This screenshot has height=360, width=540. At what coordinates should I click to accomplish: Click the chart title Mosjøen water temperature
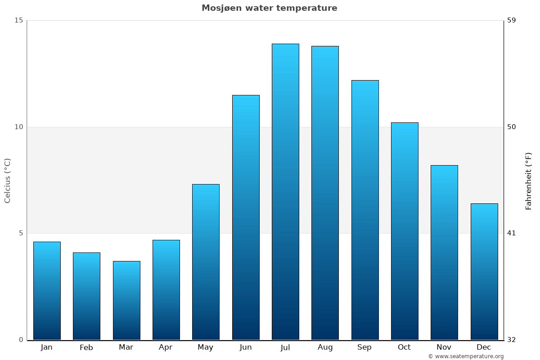click(x=269, y=8)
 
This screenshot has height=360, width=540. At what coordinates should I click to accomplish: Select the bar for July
click(x=285, y=192)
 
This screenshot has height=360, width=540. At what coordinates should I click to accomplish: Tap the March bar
click(x=126, y=300)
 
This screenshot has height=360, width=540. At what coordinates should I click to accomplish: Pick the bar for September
click(x=365, y=210)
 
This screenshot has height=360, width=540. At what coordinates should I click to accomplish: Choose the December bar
click(x=484, y=271)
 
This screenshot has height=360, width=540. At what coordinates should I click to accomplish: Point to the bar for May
click(x=206, y=262)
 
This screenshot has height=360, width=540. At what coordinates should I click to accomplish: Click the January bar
click(x=47, y=291)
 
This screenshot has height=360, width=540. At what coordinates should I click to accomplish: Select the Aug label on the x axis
click(x=325, y=347)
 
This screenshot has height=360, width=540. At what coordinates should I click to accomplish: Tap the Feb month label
click(x=86, y=347)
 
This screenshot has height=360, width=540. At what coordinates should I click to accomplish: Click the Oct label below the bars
click(x=404, y=347)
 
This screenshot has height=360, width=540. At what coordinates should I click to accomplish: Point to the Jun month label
click(x=246, y=347)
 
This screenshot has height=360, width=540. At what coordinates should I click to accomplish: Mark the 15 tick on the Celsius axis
click(x=18, y=20)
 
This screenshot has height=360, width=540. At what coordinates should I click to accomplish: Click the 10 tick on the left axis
click(x=18, y=127)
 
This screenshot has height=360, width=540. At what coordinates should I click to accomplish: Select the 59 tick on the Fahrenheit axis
click(x=512, y=20)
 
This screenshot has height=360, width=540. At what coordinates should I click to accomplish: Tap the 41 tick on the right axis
click(x=512, y=233)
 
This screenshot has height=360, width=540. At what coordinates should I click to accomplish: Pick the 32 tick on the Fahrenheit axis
click(x=512, y=340)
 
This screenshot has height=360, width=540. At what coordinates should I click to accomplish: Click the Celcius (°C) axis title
click(x=7, y=180)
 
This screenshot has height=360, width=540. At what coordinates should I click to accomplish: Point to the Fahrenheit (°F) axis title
click(x=529, y=180)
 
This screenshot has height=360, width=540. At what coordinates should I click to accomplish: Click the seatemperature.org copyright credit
click(x=466, y=356)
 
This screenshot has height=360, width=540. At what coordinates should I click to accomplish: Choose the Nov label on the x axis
click(x=444, y=347)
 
